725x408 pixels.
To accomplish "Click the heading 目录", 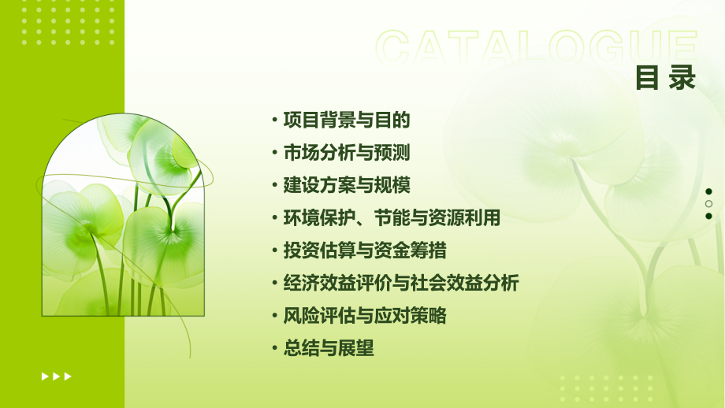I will (x=666, y=77).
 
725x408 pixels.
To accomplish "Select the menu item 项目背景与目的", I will (x=347, y=121).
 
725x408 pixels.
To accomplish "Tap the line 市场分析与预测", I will (x=347, y=153).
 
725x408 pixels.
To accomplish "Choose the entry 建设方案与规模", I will (x=347, y=186).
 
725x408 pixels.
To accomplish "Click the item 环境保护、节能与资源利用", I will (x=392, y=218).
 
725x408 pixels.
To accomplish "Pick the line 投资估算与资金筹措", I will (x=365, y=250).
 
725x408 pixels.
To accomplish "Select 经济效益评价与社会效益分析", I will (x=401, y=284).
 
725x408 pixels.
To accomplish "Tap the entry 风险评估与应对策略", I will (x=365, y=316).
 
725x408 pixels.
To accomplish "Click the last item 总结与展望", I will (x=329, y=348).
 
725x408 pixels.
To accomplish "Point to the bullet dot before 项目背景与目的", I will (x=273, y=121).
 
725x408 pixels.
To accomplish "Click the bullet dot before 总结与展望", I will (x=273, y=349).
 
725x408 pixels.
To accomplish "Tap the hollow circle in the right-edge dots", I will (x=708, y=203).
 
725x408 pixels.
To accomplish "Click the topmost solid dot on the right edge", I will (x=708, y=191).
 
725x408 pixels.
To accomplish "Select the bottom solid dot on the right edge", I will (x=708, y=216).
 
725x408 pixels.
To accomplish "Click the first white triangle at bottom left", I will (x=45, y=376).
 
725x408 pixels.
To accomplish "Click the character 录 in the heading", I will (x=682, y=77).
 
